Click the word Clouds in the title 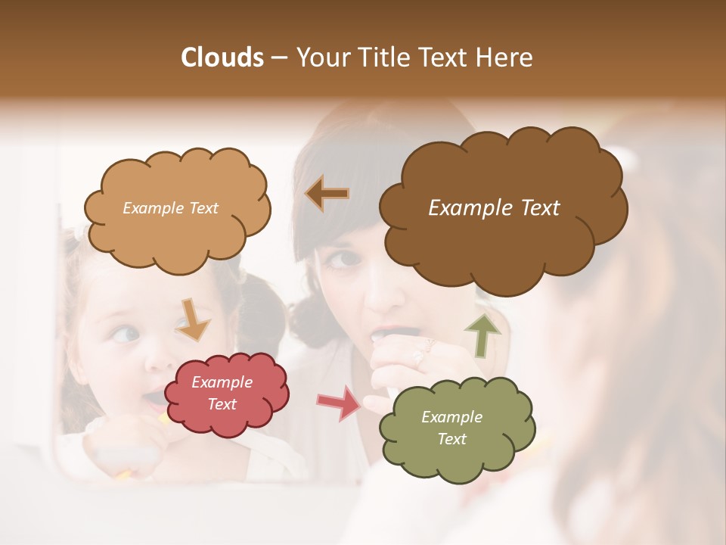click(x=222, y=58)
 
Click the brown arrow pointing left click(x=327, y=194)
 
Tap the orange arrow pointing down click(x=193, y=319)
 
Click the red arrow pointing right click(x=339, y=403)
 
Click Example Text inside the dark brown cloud click(x=494, y=208)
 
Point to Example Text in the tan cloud click(x=170, y=208)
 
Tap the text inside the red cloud click(x=222, y=394)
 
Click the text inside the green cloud click(x=451, y=428)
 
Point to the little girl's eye click(x=126, y=334)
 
